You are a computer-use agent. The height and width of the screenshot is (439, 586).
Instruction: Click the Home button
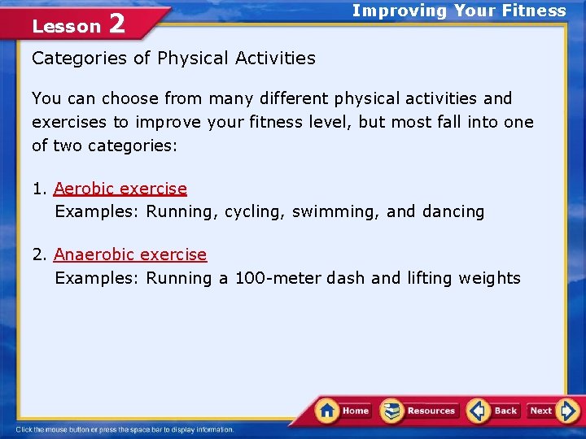coord(344,411)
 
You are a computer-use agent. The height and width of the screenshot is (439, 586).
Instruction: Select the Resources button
coord(420,411)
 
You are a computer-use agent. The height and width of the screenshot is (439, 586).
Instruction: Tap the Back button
coord(495,411)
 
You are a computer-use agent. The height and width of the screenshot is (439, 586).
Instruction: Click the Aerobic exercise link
coord(120,189)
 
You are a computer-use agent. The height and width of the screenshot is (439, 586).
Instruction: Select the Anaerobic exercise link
coord(130,254)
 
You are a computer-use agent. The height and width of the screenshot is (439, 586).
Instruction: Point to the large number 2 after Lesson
coord(116,24)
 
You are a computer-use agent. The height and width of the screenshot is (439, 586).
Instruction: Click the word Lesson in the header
coord(66,27)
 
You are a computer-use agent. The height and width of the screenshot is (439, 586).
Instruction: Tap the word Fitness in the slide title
coord(535,11)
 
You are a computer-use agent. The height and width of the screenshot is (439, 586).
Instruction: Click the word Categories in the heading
coord(80,58)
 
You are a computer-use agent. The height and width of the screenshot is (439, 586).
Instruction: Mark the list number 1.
coord(39,189)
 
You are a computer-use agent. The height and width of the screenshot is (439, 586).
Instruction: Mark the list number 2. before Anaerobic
coord(40,254)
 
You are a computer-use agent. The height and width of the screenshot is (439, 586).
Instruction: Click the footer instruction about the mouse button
coord(125,429)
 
